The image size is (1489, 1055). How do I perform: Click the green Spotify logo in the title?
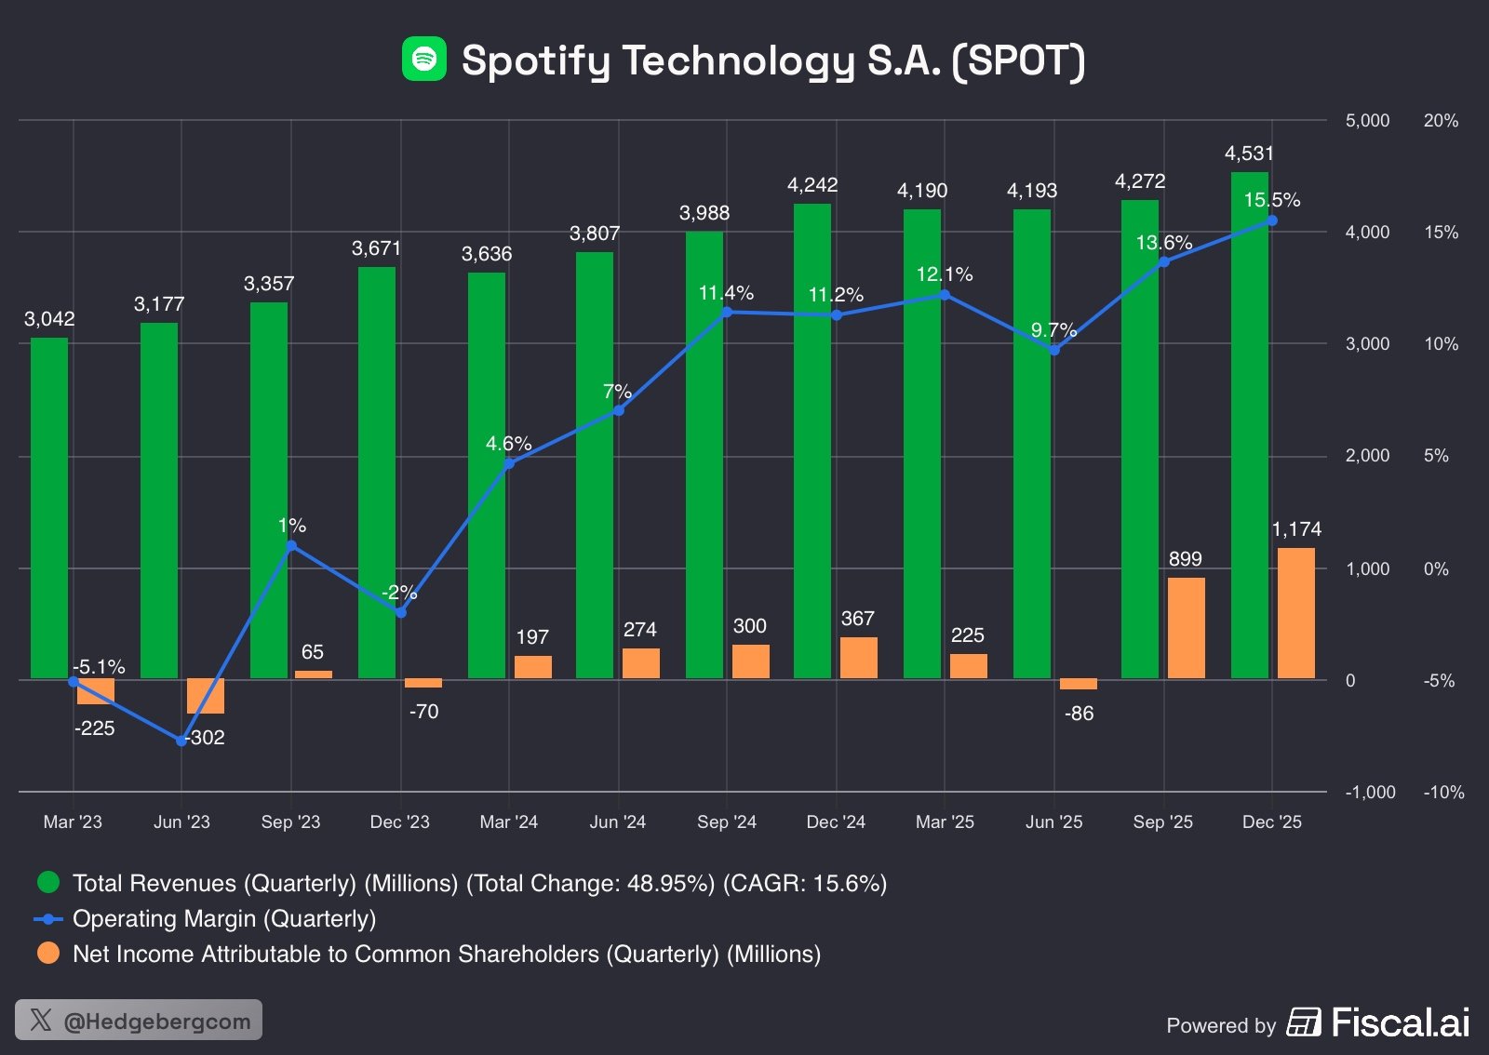[x=424, y=60]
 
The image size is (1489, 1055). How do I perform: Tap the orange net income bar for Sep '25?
[x=1186, y=628]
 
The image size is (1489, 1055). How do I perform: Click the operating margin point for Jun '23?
[x=181, y=741]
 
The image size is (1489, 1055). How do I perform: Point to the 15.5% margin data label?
[x=1272, y=200]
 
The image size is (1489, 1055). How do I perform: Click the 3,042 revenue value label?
[x=49, y=319]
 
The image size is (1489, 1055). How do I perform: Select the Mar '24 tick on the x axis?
[x=508, y=821]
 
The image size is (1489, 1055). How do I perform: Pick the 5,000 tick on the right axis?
[x=1367, y=121]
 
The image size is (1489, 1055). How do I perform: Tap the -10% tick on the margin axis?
[x=1443, y=793]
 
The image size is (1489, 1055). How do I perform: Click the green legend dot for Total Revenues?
[x=48, y=882]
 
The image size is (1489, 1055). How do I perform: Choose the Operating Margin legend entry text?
[x=224, y=919]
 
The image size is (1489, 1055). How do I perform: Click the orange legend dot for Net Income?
[x=48, y=954]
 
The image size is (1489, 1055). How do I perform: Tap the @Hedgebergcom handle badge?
[x=139, y=1020]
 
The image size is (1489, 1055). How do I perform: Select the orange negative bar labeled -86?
[x=1078, y=684]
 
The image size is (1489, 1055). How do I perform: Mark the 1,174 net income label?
[x=1296, y=529]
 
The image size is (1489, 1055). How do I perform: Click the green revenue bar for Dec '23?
[x=377, y=473]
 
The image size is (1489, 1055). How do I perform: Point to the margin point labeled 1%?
[x=291, y=546]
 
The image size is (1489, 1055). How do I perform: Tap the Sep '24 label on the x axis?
[x=727, y=821]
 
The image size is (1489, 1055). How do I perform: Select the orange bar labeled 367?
[x=858, y=658]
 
